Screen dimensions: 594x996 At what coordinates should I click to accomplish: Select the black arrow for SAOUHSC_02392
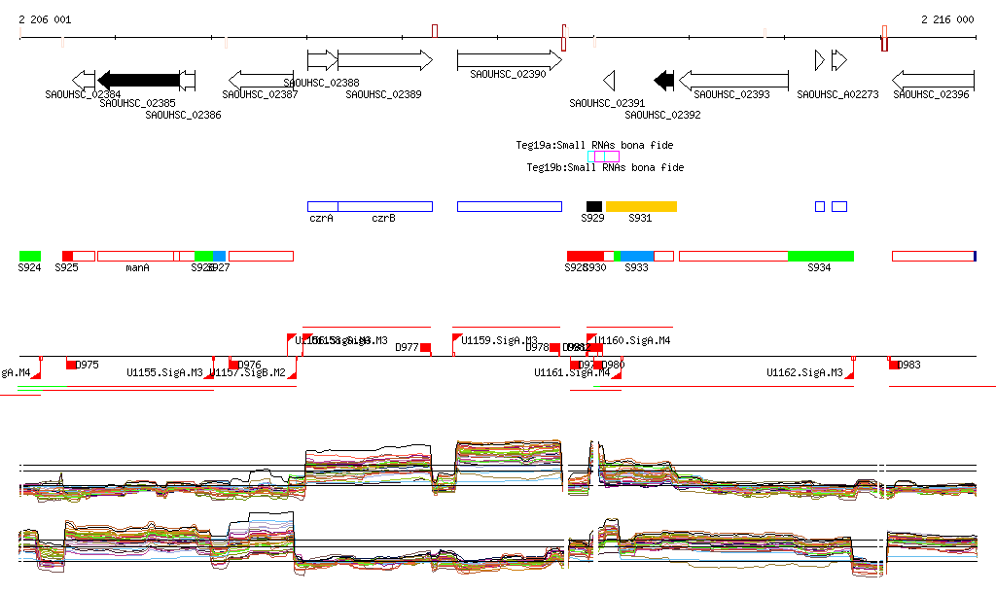click(664, 80)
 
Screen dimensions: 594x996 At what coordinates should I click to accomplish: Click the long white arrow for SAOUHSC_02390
click(509, 60)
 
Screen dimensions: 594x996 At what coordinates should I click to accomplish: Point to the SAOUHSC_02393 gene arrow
click(733, 80)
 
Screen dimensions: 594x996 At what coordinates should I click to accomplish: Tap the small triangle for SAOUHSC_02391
click(609, 80)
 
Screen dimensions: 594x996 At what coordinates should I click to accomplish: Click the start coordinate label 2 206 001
click(45, 19)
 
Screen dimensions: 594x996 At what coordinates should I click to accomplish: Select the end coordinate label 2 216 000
click(947, 19)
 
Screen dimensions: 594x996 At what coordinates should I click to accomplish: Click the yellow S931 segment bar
click(641, 206)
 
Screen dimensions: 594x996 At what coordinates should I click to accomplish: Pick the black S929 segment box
click(594, 206)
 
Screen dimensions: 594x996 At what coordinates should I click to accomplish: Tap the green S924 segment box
click(29, 256)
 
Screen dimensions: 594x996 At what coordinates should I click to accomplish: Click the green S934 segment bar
click(820, 256)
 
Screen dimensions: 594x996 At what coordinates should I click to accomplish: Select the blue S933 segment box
click(636, 256)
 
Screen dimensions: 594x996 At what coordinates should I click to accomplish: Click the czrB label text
click(383, 219)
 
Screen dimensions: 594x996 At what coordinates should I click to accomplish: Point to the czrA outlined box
click(323, 206)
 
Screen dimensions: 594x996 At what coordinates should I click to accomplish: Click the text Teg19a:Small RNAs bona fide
click(594, 145)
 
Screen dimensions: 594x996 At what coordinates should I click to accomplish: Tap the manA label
click(137, 267)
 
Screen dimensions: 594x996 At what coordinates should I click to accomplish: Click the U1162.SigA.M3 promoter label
click(804, 372)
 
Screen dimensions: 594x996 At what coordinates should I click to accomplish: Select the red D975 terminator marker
click(71, 365)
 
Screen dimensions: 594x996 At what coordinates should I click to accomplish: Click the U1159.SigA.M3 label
click(492, 341)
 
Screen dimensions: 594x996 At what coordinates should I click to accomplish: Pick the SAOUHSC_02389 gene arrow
click(384, 60)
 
